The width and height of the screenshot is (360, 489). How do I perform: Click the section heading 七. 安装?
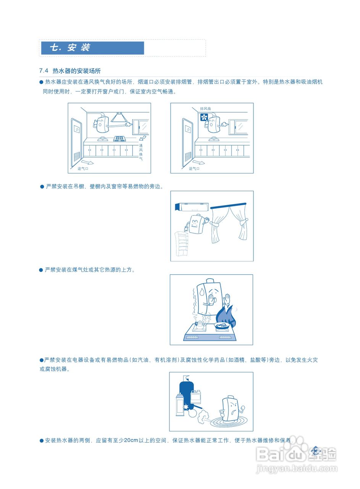click(x=70, y=48)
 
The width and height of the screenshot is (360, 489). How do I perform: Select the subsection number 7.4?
click(x=44, y=71)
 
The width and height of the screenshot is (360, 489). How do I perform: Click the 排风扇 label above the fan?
click(x=205, y=109)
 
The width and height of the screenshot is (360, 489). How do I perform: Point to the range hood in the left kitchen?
click(x=119, y=117)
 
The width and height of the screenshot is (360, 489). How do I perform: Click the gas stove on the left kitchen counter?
click(x=119, y=139)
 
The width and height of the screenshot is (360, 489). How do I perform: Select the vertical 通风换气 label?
click(x=140, y=152)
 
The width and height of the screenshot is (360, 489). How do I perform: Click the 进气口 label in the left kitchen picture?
click(x=83, y=168)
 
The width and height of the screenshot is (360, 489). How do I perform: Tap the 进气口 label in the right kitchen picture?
click(x=194, y=168)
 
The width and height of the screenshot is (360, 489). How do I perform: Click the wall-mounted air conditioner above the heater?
click(x=191, y=207)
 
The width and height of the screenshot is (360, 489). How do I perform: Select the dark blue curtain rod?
click(x=228, y=206)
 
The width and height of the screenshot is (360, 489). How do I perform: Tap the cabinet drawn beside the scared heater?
click(x=182, y=243)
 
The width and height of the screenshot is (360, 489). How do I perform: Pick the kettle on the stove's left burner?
click(x=200, y=325)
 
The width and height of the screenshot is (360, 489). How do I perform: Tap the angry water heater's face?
click(x=231, y=408)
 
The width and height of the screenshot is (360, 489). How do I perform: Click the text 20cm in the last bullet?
click(x=131, y=440)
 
